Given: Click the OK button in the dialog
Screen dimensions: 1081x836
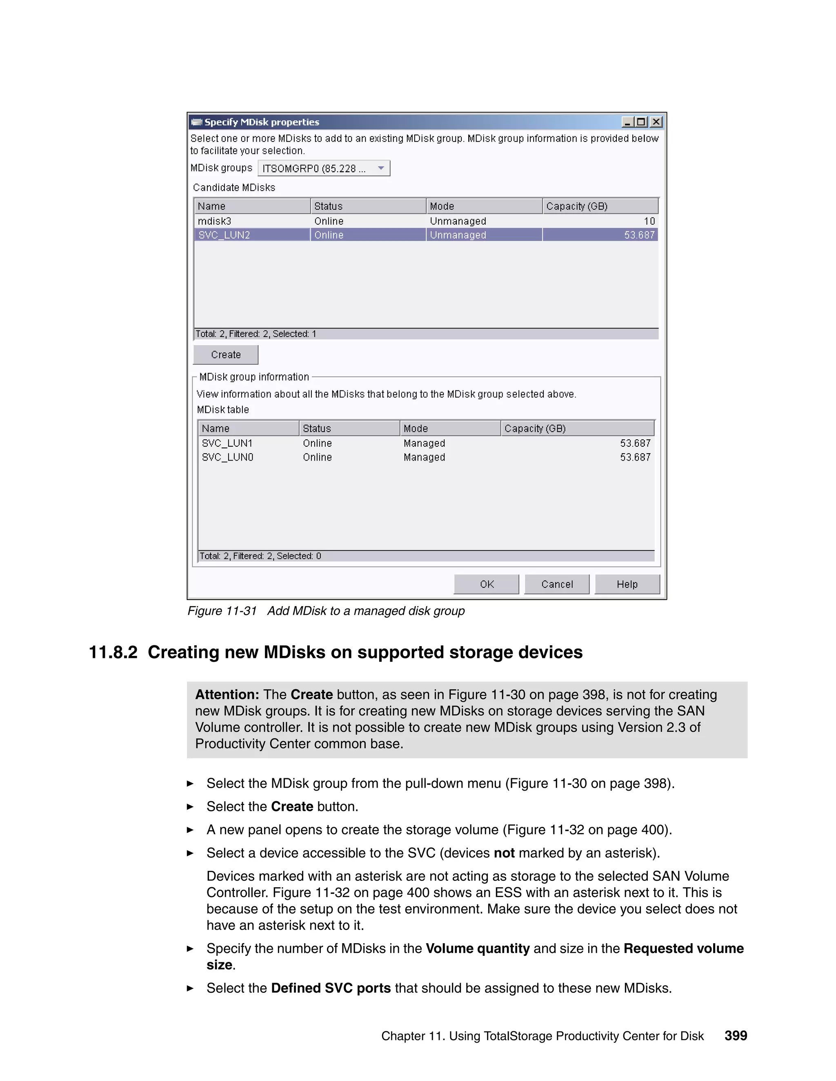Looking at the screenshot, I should (x=486, y=584).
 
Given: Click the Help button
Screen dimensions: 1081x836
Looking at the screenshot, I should (x=627, y=584).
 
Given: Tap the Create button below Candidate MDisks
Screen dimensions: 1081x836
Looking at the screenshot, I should (x=225, y=354).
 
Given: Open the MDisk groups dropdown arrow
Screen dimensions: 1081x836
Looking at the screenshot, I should (x=381, y=168).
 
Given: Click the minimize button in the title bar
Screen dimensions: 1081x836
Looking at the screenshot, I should (x=627, y=122).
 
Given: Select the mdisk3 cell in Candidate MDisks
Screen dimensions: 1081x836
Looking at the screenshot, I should (x=214, y=221).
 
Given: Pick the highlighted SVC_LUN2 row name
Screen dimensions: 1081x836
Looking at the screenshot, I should (x=225, y=235).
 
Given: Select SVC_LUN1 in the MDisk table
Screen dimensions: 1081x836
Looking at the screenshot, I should (x=227, y=443).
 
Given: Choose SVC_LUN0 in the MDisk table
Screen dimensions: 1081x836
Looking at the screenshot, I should (x=227, y=457).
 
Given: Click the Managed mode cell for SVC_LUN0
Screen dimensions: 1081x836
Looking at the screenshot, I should (x=425, y=457).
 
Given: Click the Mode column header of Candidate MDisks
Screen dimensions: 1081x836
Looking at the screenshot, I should (x=442, y=206).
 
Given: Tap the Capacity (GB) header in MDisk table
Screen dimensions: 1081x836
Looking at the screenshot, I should (x=535, y=428).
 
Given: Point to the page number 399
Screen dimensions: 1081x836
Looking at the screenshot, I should (x=736, y=1035).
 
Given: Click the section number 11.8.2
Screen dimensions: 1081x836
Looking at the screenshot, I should (x=113, y=652).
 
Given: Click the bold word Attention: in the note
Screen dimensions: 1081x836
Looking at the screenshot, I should (x=227, y=694).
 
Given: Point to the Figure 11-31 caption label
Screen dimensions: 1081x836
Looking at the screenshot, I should (x=222, y=611).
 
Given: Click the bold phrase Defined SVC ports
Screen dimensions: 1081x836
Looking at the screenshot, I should (x=331, y=988).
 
